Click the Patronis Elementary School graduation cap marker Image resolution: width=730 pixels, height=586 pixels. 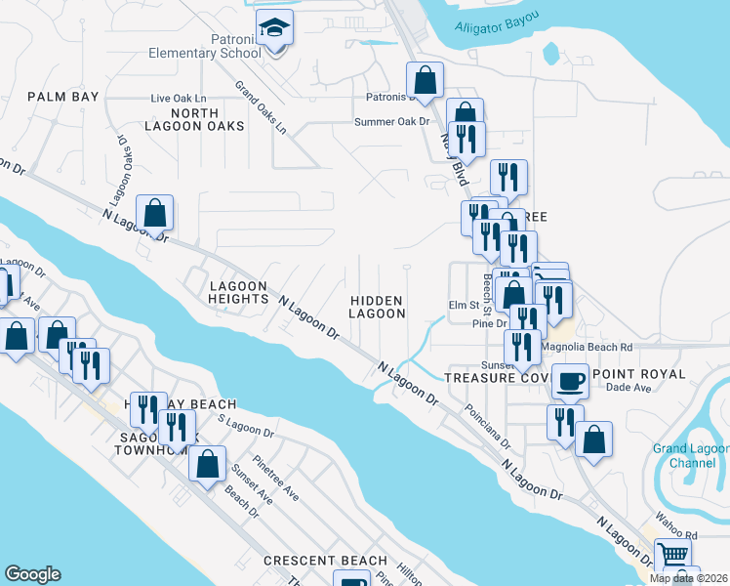[275, 30]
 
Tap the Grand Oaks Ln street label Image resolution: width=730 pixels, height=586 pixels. [261, 107]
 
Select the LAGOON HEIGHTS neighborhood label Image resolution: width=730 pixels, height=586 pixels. [238, 292]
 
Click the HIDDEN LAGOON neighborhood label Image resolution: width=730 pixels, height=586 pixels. [377, 307]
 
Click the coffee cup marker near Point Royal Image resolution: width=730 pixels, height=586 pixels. [571, 381]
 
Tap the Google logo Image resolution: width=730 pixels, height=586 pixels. [32, 574]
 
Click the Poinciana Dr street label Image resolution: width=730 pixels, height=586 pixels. [488, 427]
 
